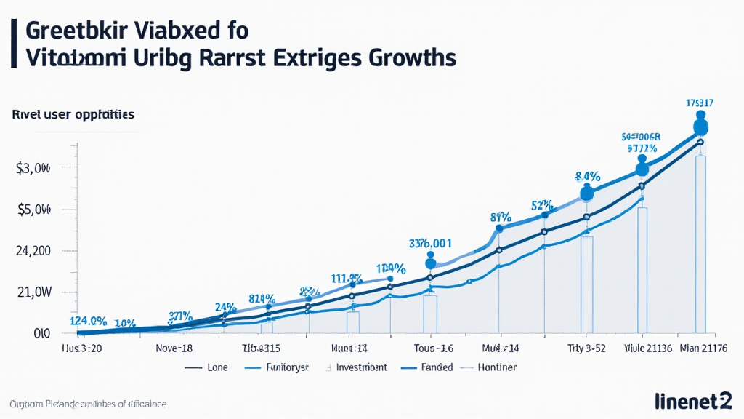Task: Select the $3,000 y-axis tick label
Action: click(x=33, y=169)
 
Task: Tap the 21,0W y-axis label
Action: click(x=33, y=292)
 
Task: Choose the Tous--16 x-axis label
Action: click(x=434, y=348)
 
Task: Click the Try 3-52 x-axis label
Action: click(x=585, y=348)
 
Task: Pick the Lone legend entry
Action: click(x=217, y=367)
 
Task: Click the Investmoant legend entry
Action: click(x=361, y=367)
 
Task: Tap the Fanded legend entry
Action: click(x=437, y=367)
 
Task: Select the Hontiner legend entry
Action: click(x=498, y=367)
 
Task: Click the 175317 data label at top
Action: click(x=700, y=103)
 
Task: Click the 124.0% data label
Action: click(x=88, y=321)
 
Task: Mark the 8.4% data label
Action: click(x=587, y=176)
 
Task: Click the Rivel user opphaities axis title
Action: click(x=73, y=115)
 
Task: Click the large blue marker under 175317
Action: click(x=700, y=127)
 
